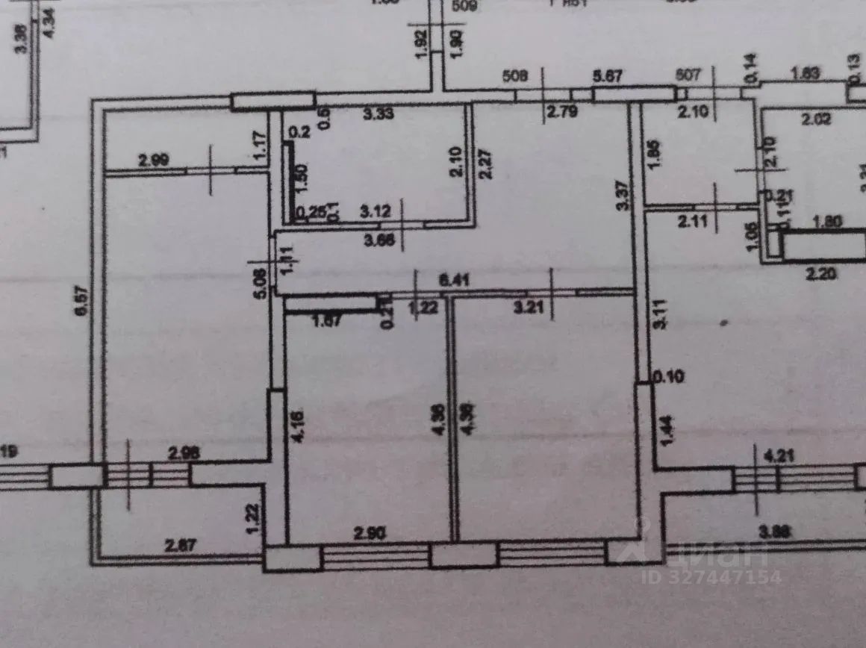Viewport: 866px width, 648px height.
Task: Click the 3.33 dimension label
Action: tap(378, 114)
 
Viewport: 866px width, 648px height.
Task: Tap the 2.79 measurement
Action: tap(561, 113)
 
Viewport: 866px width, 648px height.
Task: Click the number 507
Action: tap(688, 75)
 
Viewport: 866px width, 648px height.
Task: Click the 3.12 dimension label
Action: tap(376, 212)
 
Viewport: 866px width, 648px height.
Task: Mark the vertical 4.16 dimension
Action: tap(299, 426)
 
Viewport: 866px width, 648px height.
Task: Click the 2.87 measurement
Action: tap(179, 546)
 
